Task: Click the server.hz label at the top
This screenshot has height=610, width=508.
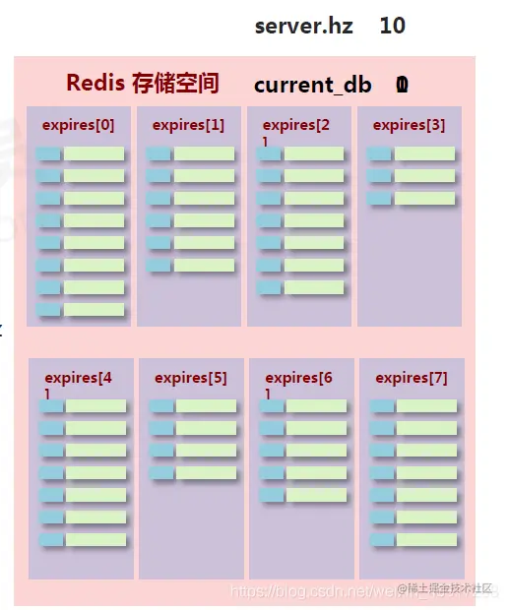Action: [x=303, y=26]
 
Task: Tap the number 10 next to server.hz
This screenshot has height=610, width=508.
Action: [x=392, y=26]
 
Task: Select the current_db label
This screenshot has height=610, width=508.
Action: [x=312, y=85]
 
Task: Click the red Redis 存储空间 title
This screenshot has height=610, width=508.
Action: [x=143, y=83]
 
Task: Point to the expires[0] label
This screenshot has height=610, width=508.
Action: [x=78, y=125]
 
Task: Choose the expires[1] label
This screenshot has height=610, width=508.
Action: [x=188, y=125]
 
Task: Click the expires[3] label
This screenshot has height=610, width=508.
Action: [x=409, y=125]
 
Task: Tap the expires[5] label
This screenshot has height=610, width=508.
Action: [x=190, y=378]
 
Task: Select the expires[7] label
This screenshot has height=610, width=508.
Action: [x=412, y=378]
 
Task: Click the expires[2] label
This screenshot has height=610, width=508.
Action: [x=296, y=126]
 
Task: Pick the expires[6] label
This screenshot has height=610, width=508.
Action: [x=299, y=379]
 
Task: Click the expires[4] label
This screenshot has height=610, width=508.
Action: [x=79, y=379]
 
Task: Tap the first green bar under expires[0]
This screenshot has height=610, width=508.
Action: [x=95, y=154]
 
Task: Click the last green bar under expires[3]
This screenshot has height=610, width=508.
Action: [x=425, y=199]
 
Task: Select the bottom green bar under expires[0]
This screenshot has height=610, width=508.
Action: [x=95, y=310]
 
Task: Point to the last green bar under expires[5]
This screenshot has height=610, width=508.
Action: [x=207, y=473]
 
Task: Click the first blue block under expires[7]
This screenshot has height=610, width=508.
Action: [x=381, y=406]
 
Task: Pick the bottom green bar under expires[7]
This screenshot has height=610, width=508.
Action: [x=427, y=540]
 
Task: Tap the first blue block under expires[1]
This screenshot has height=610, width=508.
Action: [x=159, y=154]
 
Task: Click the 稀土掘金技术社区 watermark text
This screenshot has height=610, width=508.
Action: [x=452, y=587]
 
